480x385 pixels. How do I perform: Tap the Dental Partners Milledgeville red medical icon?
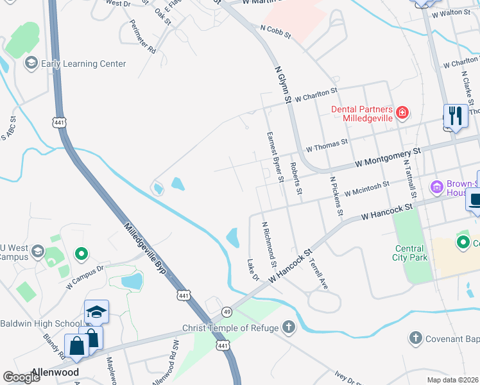(x=402, y=114)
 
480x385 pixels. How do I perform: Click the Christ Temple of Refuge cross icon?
(x=289, y=328)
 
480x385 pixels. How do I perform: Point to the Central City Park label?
(x=409, y=253)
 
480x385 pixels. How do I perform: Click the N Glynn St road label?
(x=283, y=84)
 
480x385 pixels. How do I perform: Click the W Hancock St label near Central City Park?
(x=386, y=211)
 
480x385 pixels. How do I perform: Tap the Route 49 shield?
(x=227, y=312)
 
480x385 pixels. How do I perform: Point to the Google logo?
(x=21, y=377)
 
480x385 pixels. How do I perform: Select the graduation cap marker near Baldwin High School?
(x=96, y=312)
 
